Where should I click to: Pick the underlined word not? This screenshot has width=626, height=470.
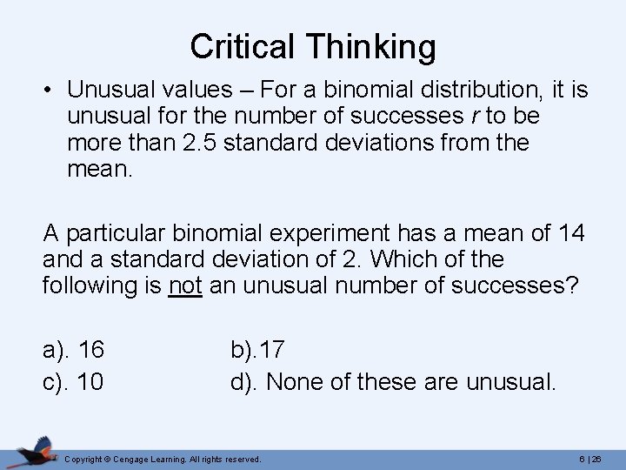[185, 285]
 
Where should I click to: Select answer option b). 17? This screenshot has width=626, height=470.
[257, 351]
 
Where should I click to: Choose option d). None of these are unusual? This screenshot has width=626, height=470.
[393, 381]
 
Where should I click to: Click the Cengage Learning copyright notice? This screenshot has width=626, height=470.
[164, 458]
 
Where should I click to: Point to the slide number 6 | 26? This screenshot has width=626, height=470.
[594, 458]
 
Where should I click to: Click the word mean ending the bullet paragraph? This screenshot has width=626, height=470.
[98, 169]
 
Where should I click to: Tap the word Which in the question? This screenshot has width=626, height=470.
[399, 259]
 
